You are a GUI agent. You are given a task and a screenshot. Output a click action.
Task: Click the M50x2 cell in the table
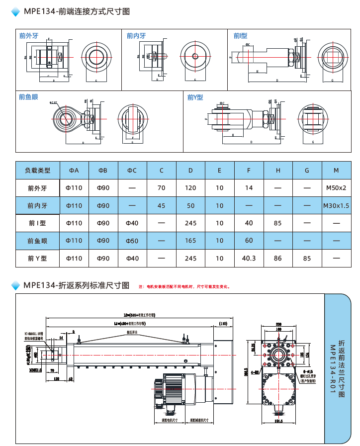pyautogui.click(x=336, y=188)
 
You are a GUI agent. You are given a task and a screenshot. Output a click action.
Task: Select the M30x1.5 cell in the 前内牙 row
pyautogui.click(x=336, y=205)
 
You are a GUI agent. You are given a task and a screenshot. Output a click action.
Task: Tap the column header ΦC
pyautogui.click(x=132, y=171)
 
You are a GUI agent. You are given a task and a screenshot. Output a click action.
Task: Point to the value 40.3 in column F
pyautogui.click(x=249, y=258)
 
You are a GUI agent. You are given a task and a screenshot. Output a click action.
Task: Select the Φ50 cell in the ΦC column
pyautogui.click(x=132, y=241)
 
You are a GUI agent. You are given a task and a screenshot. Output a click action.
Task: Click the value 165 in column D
pyautogui.click(x=190, y=241)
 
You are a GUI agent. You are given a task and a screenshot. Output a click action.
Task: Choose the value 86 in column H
pyautogui.click(x=277, y=258)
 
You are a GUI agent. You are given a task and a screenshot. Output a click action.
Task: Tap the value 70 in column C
pyautogui.click(x=161, y=188)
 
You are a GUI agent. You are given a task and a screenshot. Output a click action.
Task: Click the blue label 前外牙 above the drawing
pyautogui.click(x=29, y=36)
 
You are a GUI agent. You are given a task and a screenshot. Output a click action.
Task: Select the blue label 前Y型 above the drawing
pyautogui.click(x=195, y=97)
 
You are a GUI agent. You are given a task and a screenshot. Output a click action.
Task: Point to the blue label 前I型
pyautogui.click(x=240, y=36)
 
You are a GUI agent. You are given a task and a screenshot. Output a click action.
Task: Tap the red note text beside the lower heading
pyautogui.click(x=184, y=286)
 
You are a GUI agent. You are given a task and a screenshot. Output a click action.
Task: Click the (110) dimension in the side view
pyautogui.click(x=223, y=324)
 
